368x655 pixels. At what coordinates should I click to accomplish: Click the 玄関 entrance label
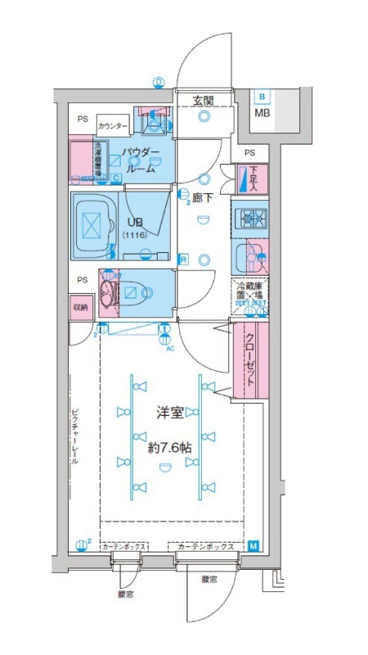pos(204,101)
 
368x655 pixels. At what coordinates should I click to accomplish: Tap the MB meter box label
pos(262,112)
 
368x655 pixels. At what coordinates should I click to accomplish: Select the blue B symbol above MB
pos(262,97)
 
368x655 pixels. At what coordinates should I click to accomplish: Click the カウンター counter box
pos(112,126)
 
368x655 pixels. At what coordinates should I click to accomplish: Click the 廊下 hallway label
pos(202,198)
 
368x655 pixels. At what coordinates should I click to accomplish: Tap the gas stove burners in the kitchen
pos(249,218)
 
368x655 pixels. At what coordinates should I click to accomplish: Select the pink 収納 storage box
pos(79,308)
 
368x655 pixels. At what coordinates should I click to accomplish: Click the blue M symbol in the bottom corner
pos(254,546)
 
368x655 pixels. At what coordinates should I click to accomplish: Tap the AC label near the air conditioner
pos(170,349)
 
